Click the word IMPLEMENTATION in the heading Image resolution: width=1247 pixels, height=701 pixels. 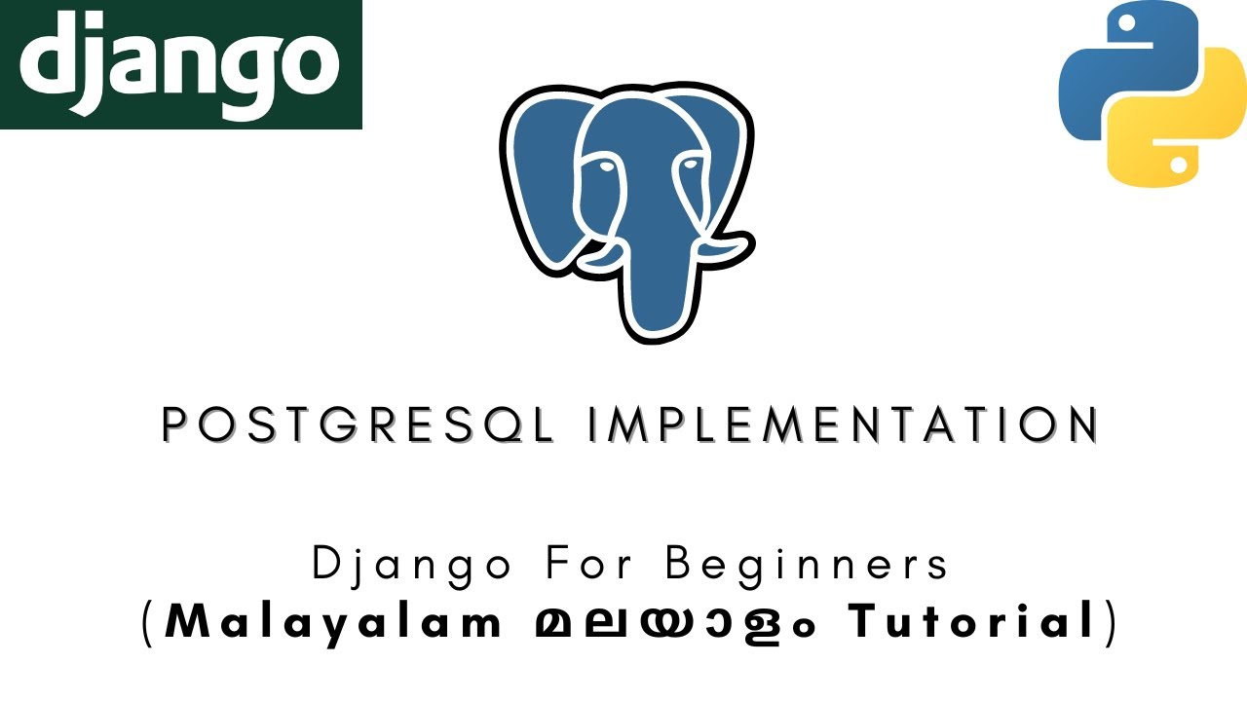(x=843, y=425)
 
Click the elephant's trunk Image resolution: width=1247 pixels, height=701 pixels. (x=654, y=282)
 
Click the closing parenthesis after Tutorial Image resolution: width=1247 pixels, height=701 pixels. (x=1109, y=622)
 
